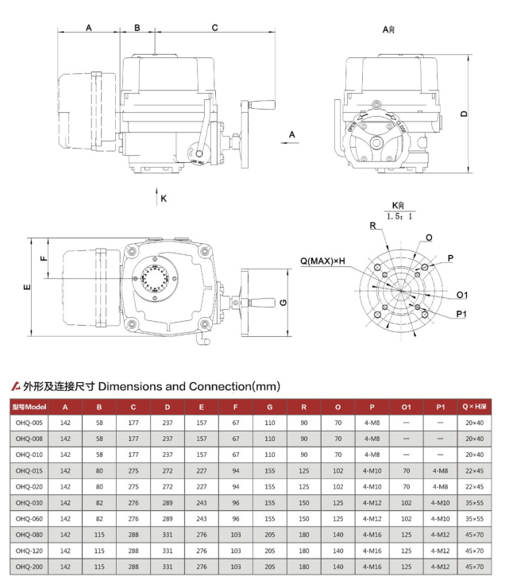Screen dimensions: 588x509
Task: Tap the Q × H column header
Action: [474, 406]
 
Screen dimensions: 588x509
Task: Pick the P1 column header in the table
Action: [440, 406]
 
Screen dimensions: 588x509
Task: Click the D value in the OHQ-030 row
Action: [167, 502]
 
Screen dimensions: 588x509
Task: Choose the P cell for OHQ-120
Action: [372, 551]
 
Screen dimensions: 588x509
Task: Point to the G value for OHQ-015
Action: [269, 470]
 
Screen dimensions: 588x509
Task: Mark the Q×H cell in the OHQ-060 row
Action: [474, 518]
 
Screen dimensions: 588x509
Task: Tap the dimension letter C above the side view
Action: [214, 27]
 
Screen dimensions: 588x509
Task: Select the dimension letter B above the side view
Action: [137, 27]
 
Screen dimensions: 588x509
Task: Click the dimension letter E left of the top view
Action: [26, 287]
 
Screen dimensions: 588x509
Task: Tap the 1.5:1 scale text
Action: [399, 215]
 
